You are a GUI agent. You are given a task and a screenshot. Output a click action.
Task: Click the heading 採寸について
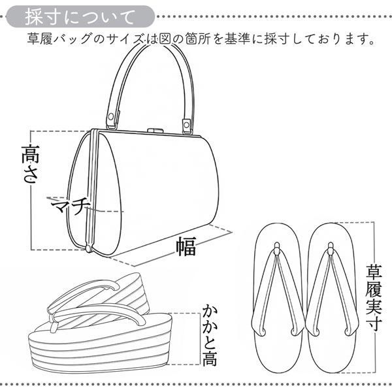click(80, 17)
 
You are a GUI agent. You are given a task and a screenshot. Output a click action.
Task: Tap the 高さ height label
click(30, 164)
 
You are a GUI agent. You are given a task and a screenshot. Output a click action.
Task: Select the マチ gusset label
click(71, 206)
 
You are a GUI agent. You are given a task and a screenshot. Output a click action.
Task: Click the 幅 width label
click(186, 246)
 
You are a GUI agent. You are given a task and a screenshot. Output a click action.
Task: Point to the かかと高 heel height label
click(210, 335)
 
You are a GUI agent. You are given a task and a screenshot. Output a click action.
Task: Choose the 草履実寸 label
click(374, 297)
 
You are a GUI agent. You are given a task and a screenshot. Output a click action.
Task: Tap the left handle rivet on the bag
click(110, 116)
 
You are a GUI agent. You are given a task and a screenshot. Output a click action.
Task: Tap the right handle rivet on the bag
click(186, 124)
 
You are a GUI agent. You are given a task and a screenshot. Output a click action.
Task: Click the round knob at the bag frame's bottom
click(88, 248)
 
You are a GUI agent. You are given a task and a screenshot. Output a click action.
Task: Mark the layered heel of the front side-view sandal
click(100, 350)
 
